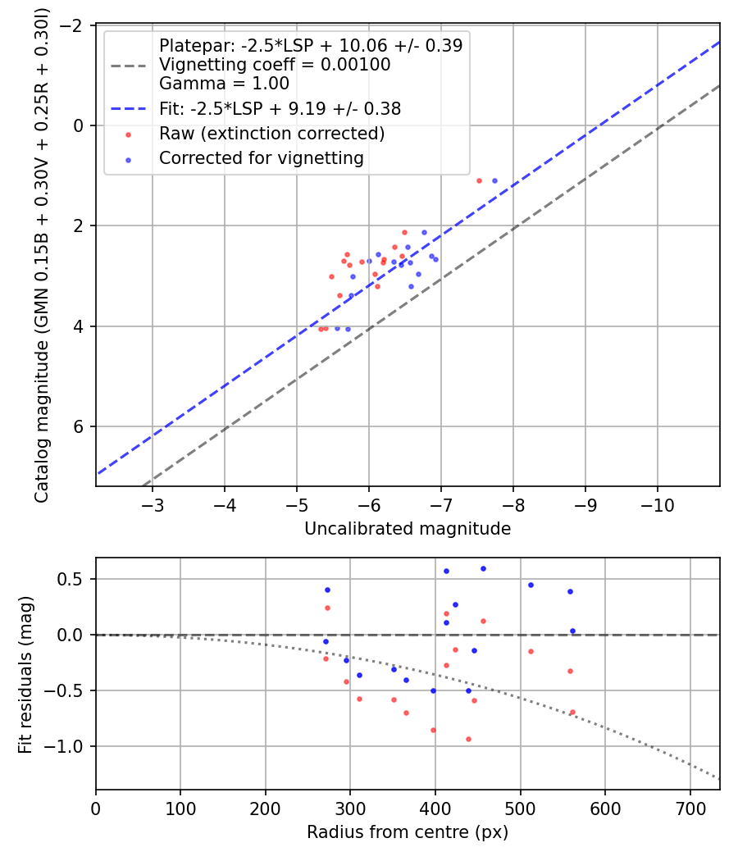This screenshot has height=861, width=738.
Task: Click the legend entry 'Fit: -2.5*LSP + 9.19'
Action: coord(280,107)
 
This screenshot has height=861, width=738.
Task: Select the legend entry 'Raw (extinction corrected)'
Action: coord(271,133)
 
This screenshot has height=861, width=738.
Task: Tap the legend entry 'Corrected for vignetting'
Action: coord(261,157)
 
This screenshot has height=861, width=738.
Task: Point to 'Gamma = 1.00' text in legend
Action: coord(224,83)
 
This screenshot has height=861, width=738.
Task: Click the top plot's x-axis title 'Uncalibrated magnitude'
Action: coord(408,529)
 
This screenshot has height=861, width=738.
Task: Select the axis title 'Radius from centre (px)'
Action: coord(408,832)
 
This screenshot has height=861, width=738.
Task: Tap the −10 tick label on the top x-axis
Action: coord(657,504)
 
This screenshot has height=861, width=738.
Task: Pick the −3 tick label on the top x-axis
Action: coord(153,504)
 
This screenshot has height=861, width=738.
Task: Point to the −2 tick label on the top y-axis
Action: coord(75,25)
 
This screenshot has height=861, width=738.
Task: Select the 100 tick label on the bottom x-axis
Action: coord(180,808)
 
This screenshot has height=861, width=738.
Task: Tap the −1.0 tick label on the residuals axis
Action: coord(70,746)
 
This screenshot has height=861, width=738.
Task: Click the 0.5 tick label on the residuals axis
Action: coord(75,579)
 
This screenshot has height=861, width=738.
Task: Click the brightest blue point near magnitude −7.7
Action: coord(494,180)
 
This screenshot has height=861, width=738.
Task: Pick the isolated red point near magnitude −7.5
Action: coord(479,180)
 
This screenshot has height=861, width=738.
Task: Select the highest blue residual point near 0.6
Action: coord(483,568)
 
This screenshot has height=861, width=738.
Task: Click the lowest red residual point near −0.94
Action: coord(468,739)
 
